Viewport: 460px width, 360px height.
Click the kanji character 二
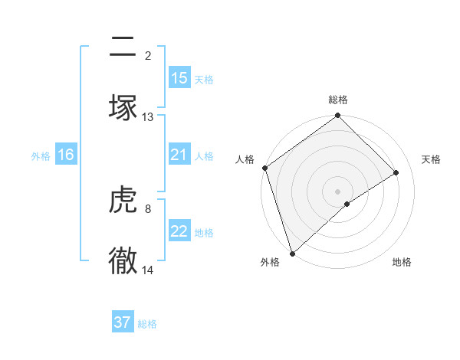click(x=123, y=47)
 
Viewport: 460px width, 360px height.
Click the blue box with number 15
click(x=179, y=78)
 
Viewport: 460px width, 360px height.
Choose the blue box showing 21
click(x=179, y=155)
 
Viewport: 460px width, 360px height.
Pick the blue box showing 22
click(x=179, y=231)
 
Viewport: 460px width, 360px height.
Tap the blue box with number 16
click(x=66, y=155)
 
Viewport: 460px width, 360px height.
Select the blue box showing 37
click(x=123, y=322)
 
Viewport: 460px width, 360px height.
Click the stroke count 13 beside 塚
click(x=148, y=117)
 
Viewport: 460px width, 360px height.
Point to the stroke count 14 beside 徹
click(x=148, y=270)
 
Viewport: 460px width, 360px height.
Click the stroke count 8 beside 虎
click(x=147, y=208)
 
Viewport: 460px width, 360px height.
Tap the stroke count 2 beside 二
click(x=147, y=55)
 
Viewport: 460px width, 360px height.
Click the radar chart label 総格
click(x=338, y=100)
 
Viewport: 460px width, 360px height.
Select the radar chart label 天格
click(x=431, y=159)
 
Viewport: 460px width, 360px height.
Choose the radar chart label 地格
click(x=402, y=262)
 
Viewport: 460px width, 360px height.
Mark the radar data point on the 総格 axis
click(x=338, y=116)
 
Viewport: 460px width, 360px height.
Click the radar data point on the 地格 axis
click(x=347, y=204)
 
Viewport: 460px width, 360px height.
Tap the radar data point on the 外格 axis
click(x=291, y=253)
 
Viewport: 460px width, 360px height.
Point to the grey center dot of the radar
click(x=338, y=191)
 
